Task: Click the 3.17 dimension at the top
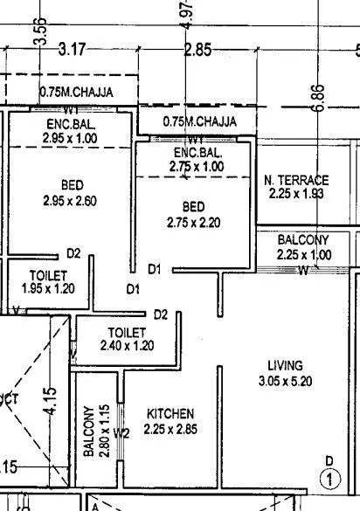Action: click(x=72, y=51)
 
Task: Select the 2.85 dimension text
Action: click(x=198, y=51)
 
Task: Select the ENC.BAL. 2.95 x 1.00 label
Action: click(x=71, y=132)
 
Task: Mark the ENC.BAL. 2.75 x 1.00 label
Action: click(x=196, y=160)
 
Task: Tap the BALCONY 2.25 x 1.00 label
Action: click(x=303, y=247)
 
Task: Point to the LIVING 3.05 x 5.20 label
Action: click(x=286, y=373)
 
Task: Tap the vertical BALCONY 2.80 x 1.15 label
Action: click(x=95, y=432)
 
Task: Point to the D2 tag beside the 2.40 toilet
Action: click(x=160, y=314)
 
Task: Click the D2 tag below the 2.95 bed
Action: click(x=74, y=254)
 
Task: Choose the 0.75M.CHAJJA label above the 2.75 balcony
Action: click(x=199, y=121)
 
